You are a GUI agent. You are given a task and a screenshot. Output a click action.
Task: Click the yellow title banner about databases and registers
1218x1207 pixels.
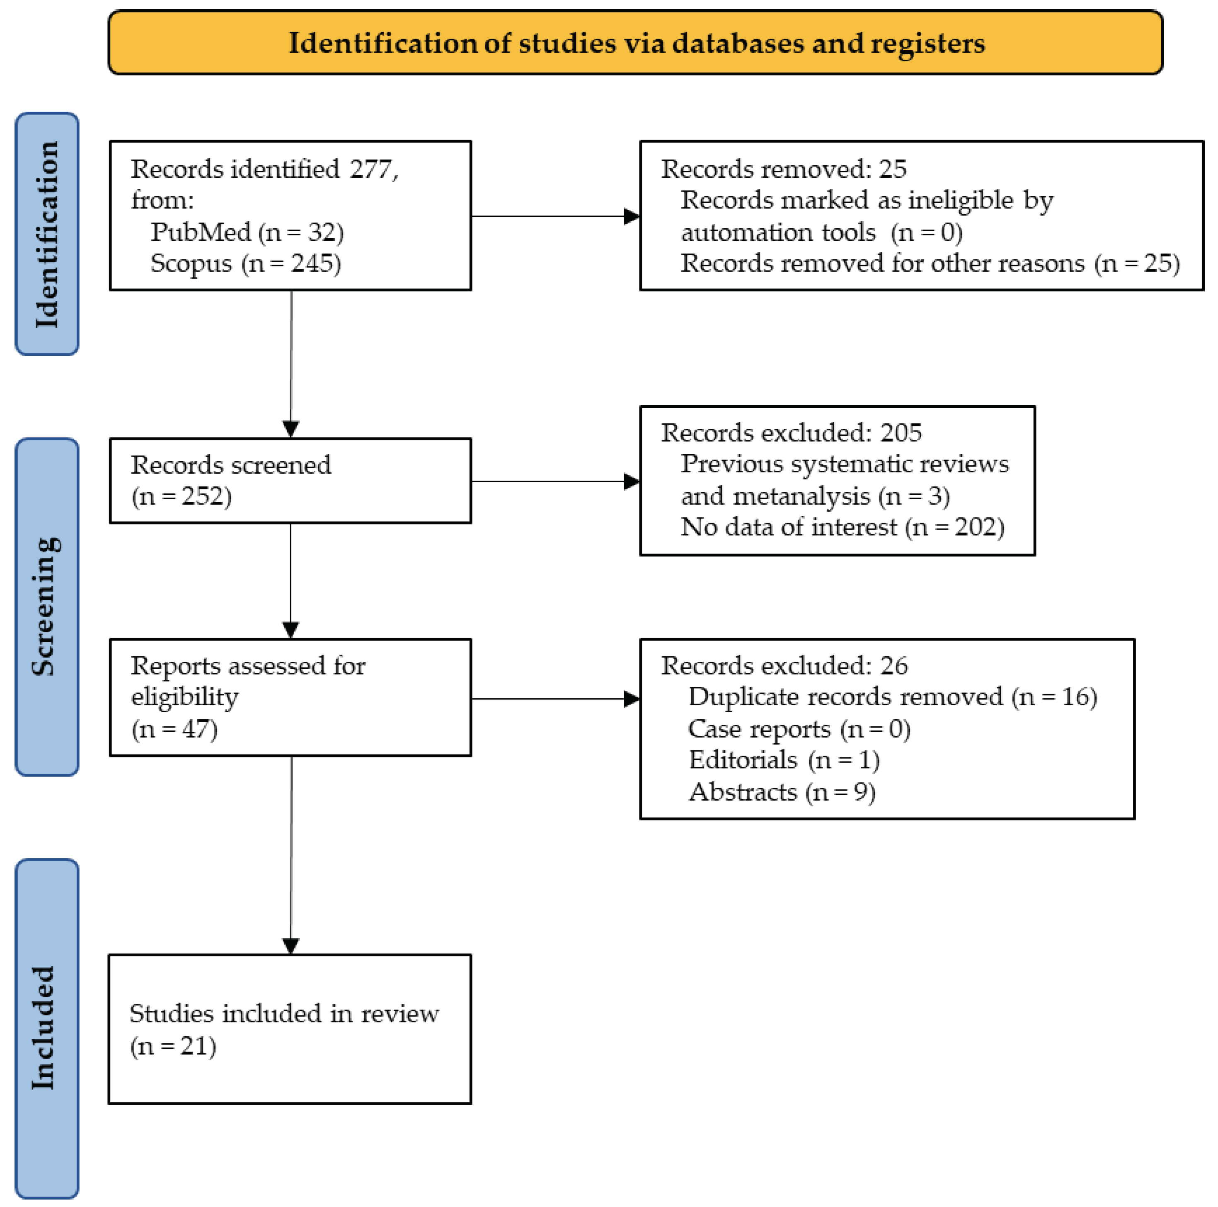click(635, 43)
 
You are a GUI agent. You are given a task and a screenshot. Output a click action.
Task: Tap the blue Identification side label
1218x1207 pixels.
click(47, 234)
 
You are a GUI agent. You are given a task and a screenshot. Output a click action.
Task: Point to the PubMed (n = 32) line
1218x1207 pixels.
click(247, 232)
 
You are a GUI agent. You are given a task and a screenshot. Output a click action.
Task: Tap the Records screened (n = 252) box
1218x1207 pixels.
click(290, 480)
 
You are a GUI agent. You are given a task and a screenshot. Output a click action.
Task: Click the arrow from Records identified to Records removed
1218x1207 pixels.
click(555, 216)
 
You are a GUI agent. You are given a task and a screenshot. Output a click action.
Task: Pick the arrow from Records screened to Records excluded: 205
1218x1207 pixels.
click(555, 481)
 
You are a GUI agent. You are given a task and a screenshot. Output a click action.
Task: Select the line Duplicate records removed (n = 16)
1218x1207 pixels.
click(892, 697)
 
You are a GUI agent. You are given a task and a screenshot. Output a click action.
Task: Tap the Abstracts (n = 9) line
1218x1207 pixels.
click(782, 792)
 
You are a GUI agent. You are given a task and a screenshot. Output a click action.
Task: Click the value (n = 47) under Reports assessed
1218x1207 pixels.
click(174, 729)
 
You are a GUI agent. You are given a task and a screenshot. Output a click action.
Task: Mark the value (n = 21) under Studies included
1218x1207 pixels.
click(173, 1046)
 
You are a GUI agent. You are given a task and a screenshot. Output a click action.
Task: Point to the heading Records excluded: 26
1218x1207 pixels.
click(784, 665)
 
